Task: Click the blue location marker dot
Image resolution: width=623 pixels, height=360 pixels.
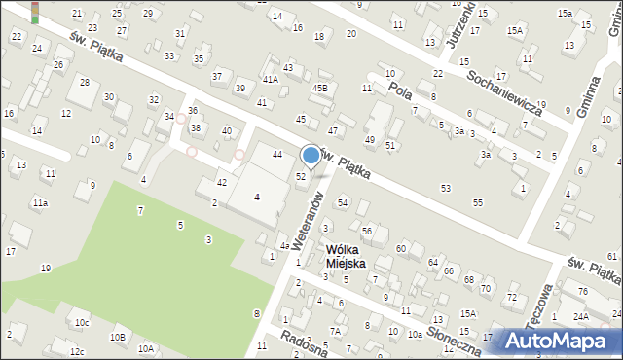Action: tap(311, 155)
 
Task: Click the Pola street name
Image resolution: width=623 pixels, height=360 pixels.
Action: tap(401, 91)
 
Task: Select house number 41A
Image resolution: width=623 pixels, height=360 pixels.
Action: tap(270, 79)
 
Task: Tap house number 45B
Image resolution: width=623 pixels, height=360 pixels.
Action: tap(319, 89)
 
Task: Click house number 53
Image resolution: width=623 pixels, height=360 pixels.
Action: tap(446, 187)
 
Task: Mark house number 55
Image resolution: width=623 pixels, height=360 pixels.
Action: tap(477, 201)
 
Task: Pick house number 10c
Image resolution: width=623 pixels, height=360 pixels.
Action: tap(82, 322)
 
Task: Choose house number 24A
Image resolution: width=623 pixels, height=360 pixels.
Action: tap(581, 317)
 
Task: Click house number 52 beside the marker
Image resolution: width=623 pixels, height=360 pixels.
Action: tap(302, 176)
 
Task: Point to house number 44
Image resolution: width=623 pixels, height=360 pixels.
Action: tap(277, 155)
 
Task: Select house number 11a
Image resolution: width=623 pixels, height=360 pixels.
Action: tap(39, 202)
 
